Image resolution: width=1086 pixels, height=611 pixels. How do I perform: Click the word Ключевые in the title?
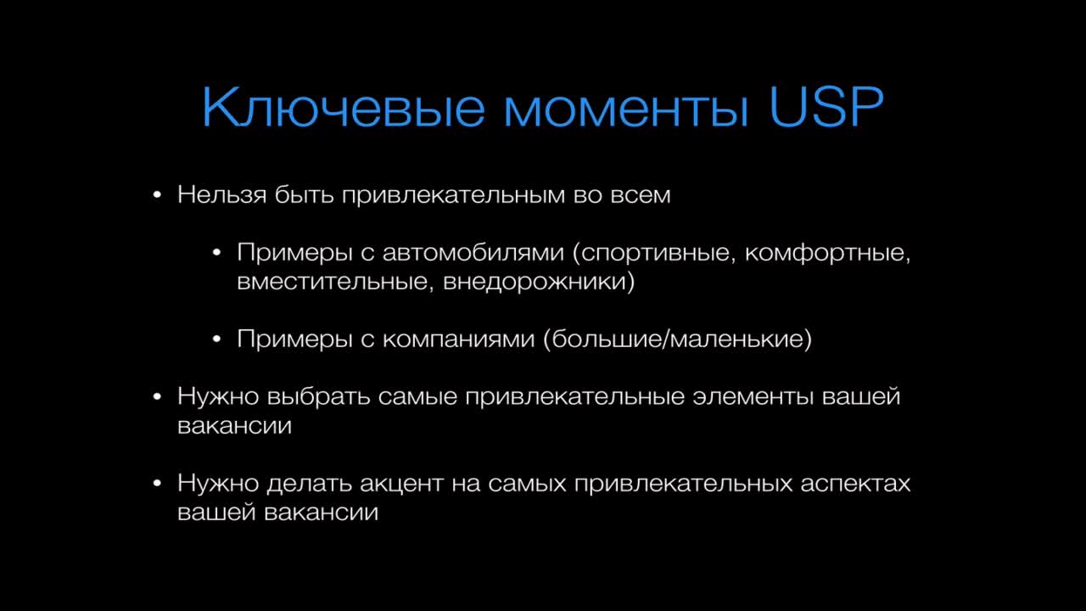344,107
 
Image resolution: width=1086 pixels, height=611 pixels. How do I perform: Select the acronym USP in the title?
826,107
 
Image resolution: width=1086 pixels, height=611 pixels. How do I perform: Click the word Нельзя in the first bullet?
222,195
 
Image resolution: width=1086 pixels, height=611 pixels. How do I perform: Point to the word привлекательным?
454,196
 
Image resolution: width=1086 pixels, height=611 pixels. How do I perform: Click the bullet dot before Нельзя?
157,195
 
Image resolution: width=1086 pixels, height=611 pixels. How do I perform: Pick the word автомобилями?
473,253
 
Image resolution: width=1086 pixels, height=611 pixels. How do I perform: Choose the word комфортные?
827,254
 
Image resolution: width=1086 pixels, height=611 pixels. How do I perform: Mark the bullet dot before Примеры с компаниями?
216,339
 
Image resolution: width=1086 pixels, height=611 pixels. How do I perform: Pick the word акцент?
402,485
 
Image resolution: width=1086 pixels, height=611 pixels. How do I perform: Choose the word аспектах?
855,485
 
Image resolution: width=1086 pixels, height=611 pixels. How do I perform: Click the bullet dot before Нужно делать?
157,484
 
